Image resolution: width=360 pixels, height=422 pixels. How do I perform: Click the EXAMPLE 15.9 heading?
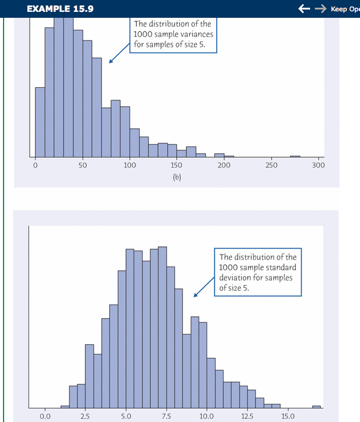[60, 9]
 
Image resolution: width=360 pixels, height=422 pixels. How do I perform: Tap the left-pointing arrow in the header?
[306, 9]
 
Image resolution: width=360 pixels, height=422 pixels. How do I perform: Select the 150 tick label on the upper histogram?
[176, 166]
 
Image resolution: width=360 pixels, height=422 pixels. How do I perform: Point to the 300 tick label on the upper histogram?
[318, 166]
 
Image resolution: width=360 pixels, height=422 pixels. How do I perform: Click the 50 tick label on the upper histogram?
[82, 166]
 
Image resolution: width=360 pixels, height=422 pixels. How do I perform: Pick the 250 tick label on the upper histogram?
[271, 166]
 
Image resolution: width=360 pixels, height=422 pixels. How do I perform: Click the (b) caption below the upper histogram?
[176, 177]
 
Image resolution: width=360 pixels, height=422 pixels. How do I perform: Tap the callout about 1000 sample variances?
[173, 36]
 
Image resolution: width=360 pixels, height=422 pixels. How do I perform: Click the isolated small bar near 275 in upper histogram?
[295, 156]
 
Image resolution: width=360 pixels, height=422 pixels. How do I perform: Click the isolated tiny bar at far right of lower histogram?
[316, 407]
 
